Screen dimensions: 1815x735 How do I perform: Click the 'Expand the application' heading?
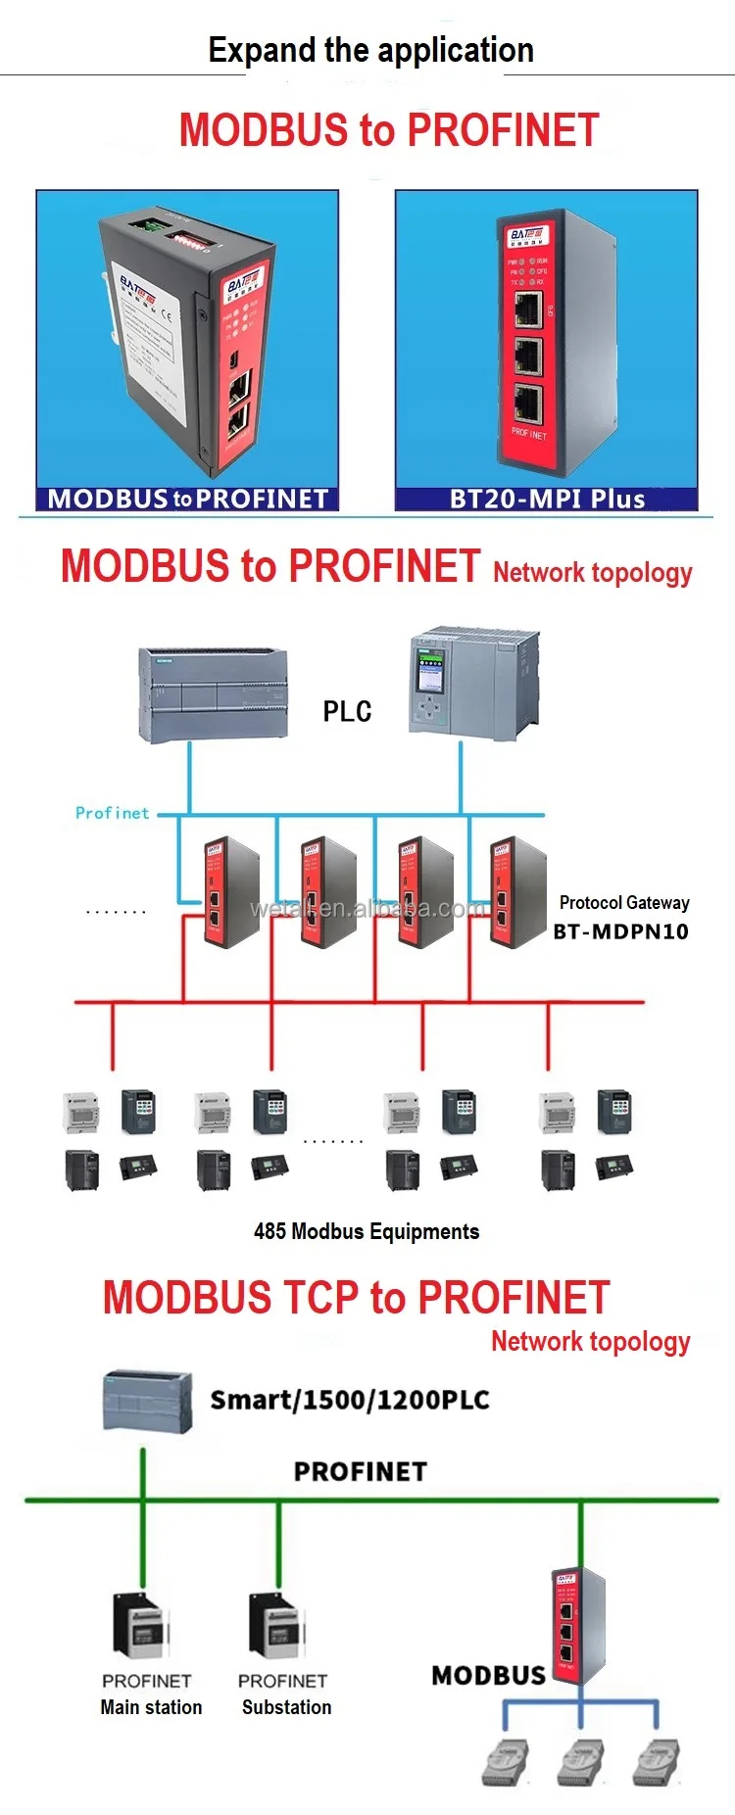[x=370, y=50]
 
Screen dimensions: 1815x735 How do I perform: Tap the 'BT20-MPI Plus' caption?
[x=547, y=499]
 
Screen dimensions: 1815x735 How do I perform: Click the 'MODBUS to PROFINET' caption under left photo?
[x=188, y=499]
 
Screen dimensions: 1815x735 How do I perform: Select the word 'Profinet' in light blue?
[x=112, y=813]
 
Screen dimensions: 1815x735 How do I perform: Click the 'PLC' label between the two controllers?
[x=347, y=711]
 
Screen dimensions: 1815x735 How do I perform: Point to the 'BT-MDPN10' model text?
[x=620, y=931]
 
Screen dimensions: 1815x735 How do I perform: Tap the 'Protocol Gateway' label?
[x=624, y=902]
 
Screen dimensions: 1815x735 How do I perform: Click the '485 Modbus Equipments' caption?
[x=367, y=1231]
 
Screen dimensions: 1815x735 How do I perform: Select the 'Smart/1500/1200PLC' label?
[x=350, y=1400]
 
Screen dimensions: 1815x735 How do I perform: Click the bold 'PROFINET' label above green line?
[x=361, y=1471]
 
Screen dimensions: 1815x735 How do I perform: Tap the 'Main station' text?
[x=151, y=1707]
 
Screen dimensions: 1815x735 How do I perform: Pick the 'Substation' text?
[x=286, y=1707]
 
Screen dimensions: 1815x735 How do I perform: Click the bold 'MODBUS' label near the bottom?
[x=488, y=1675]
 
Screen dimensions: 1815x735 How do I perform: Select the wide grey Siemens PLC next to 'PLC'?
[x=214, y=694]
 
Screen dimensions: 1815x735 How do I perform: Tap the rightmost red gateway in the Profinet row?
[x=516, y=892]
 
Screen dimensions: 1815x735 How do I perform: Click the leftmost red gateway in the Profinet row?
[x=230, y=892]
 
